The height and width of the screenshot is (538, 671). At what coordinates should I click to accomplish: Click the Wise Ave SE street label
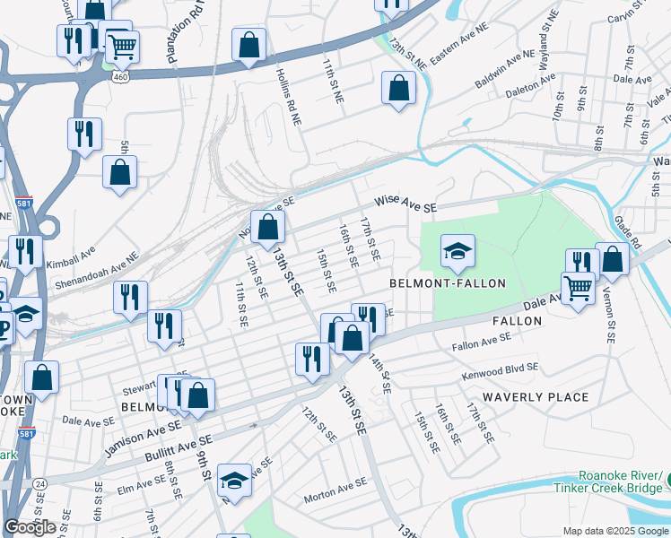405,206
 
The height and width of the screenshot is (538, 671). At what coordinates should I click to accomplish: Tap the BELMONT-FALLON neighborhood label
448,283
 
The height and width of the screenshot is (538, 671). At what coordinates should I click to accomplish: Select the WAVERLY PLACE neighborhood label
536,396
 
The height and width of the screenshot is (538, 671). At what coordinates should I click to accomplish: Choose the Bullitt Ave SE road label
179,447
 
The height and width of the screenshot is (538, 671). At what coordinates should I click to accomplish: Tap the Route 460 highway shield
118,78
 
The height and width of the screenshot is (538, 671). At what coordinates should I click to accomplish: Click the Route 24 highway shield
40,484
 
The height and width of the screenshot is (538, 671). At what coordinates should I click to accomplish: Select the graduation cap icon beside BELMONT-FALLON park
457,252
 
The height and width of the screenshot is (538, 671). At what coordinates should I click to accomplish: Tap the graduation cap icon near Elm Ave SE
234,481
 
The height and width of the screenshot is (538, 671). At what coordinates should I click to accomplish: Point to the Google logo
30,527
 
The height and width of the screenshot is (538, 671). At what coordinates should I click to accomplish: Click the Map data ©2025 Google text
615,531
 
